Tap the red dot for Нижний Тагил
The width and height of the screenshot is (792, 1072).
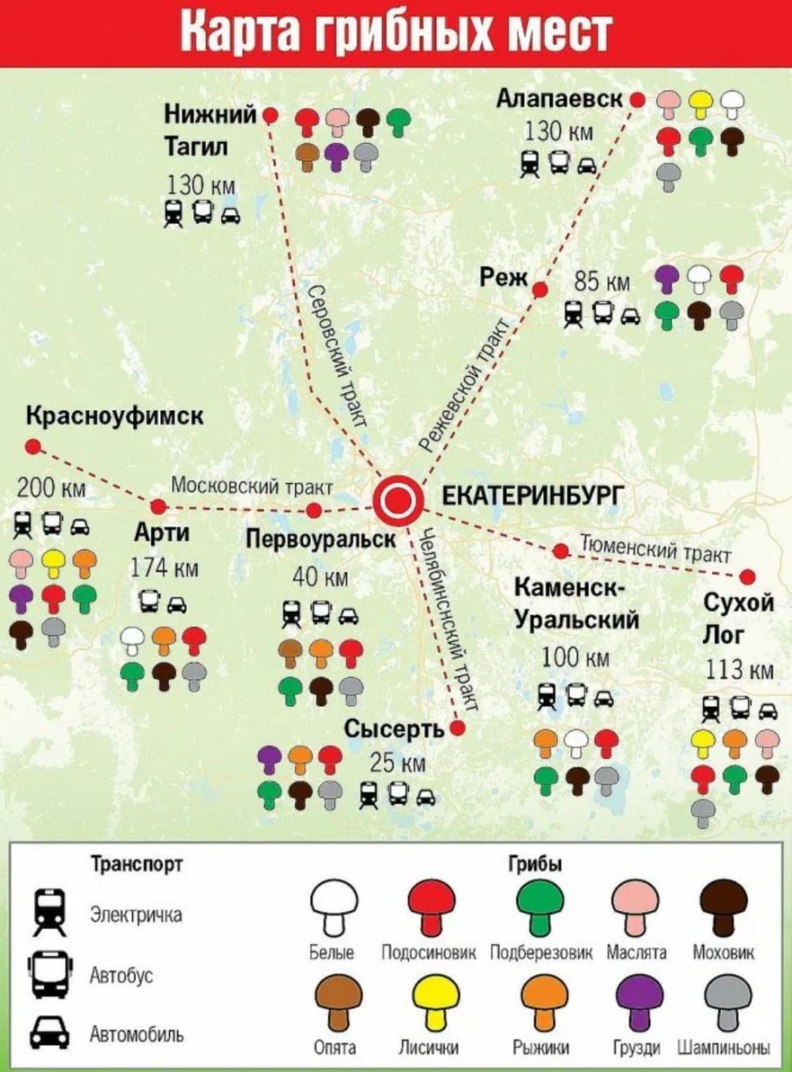coord(271,115)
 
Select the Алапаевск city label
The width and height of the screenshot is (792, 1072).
coord(560,99)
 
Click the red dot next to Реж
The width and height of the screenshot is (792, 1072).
coord(540,290)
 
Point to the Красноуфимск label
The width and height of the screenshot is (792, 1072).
coord(115,416)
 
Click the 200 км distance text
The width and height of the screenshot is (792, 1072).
coord(51,487)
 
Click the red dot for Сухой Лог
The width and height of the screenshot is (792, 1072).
coord(747,576)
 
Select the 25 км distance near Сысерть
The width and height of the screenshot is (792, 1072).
coord(398,763)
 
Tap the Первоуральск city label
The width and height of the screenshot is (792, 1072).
coord(321,539)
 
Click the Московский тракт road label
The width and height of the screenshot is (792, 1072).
coord(252,486)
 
